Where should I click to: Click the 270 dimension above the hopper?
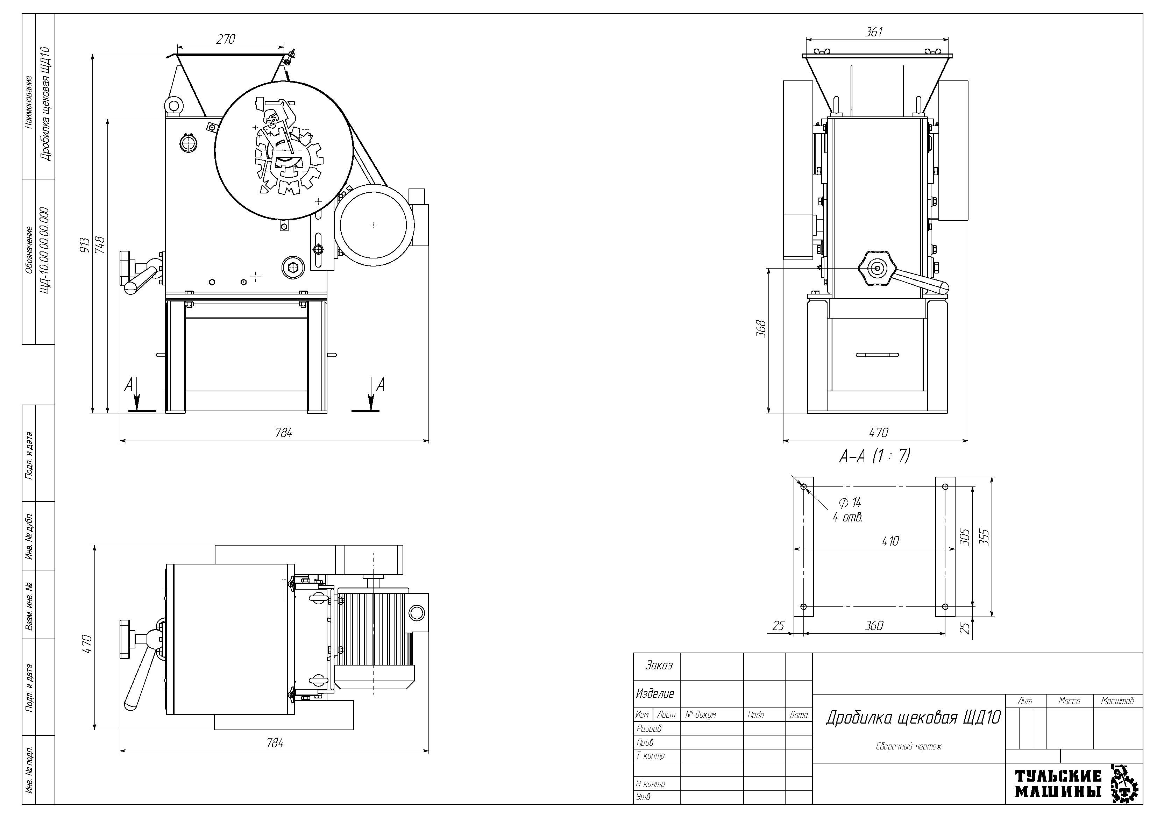point(225,39)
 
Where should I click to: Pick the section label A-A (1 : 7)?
point(874,456)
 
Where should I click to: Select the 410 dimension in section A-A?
point(890,541)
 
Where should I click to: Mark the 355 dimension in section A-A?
point(986,537)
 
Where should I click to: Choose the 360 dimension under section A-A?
point(874,625)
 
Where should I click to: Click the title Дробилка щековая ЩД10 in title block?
point(913,718)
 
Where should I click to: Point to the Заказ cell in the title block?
point(659,665)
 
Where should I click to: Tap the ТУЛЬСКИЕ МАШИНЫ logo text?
point(1058,784)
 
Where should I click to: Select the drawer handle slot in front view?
point(877,354)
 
